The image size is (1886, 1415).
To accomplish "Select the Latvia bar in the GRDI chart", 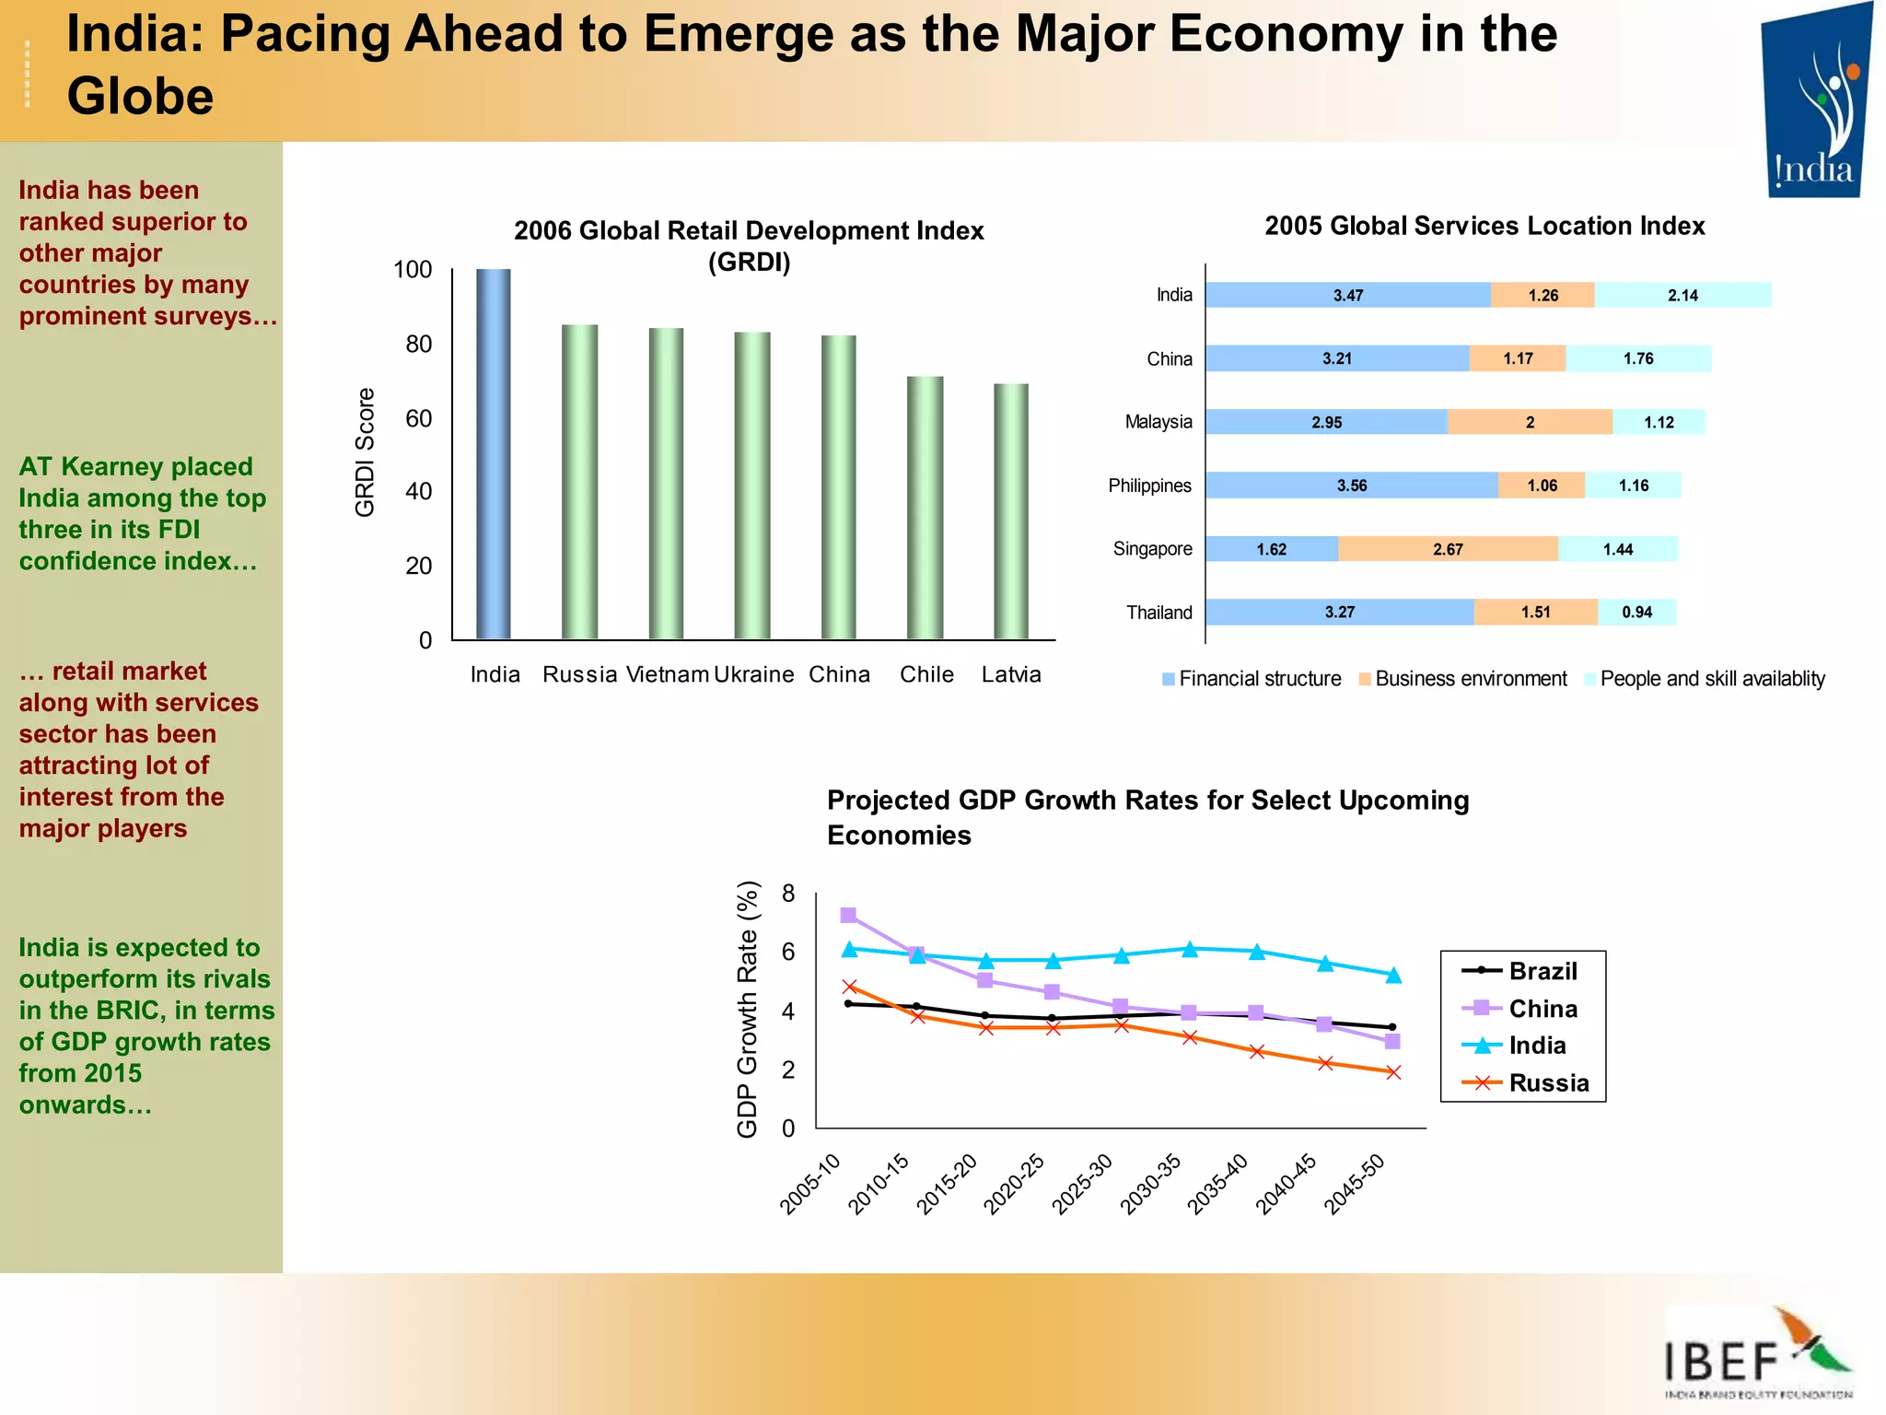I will point(1011,511).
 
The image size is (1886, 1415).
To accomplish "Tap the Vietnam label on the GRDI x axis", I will point(668,674).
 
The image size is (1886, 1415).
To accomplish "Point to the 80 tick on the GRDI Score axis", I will point(418,344).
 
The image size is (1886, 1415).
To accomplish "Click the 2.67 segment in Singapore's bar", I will point(1448,549).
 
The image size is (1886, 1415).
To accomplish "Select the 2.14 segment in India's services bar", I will point(1682,295).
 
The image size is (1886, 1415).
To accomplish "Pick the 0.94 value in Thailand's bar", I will point(1637,613).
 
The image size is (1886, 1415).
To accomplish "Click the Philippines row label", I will point(1149,485).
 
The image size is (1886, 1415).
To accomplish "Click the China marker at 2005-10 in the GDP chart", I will point(848,915).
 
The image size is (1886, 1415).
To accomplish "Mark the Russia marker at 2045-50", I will point(1393,1072).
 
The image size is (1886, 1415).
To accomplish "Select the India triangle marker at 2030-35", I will point(1190,949).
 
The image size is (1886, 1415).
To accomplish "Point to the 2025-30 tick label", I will point(1084,1184).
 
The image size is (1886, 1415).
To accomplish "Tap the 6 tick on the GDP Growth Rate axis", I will point(788,952).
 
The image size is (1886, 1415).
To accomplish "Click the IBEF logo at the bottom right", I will point(1757,1352).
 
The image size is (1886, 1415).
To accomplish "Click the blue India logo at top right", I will point(1816,101).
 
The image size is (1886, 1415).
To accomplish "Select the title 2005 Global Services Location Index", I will point(1484,226).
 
